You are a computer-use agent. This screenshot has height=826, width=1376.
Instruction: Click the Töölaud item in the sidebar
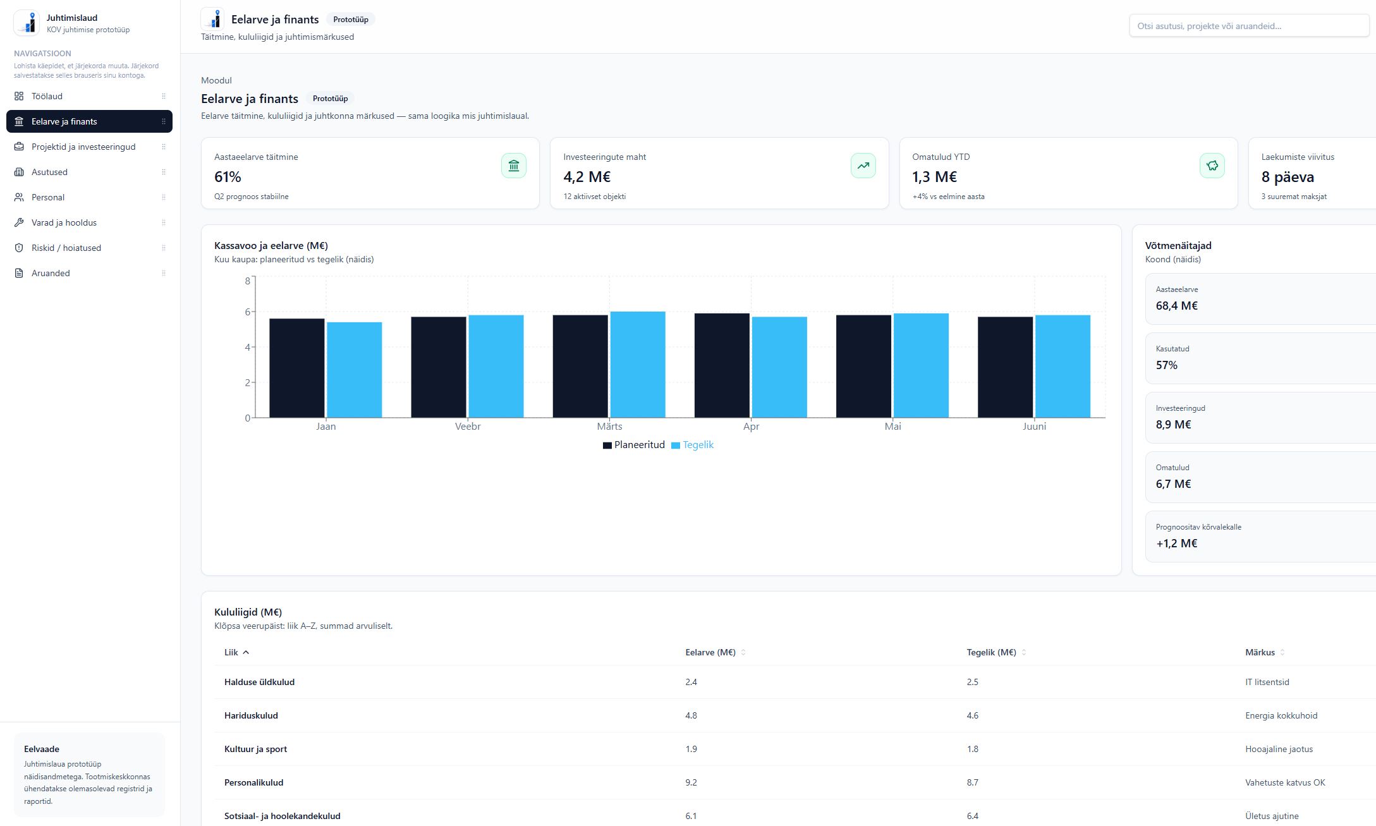(x=47, y=96)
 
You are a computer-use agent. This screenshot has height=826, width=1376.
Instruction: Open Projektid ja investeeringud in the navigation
(x=83, y=147)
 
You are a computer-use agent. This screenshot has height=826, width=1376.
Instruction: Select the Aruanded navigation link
(x=51, y=273)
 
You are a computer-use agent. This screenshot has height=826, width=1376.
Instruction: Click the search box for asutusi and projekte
(x=1248, y=26)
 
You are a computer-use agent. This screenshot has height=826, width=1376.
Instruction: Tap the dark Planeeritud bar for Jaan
(x=297, y=368)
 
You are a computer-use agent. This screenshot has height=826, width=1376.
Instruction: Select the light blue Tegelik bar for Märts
(x=638, y=365)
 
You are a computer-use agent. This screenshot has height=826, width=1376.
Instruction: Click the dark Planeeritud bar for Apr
(x=722, y=365)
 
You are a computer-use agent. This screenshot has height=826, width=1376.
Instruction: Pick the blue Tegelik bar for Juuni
(x=1062, y=367)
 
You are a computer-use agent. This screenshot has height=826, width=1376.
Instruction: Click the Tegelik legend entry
(x=693, y=445)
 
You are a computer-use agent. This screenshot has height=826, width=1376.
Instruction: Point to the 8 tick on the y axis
(x=247, y=281)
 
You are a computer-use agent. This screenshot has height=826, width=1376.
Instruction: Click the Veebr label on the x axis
(x=468, y=427)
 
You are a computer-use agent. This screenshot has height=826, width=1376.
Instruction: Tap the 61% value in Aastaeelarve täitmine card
(x=228, y=177)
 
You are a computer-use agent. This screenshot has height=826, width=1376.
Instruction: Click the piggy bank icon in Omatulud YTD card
(x=1212, y=166)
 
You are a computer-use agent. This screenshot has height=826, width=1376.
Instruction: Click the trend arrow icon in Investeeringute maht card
(x=863, y=166)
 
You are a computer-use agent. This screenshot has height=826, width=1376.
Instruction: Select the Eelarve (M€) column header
(x=710, y=652)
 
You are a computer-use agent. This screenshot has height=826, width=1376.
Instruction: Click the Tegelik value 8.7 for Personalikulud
(x=972, y=782)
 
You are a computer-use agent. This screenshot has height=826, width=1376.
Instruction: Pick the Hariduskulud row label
(x=251, y=715)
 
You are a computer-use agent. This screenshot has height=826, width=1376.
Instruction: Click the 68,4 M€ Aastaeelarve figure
(x=1176, y=306)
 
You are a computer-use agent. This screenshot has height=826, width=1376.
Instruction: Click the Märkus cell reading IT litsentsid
(x=1267, y=682)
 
